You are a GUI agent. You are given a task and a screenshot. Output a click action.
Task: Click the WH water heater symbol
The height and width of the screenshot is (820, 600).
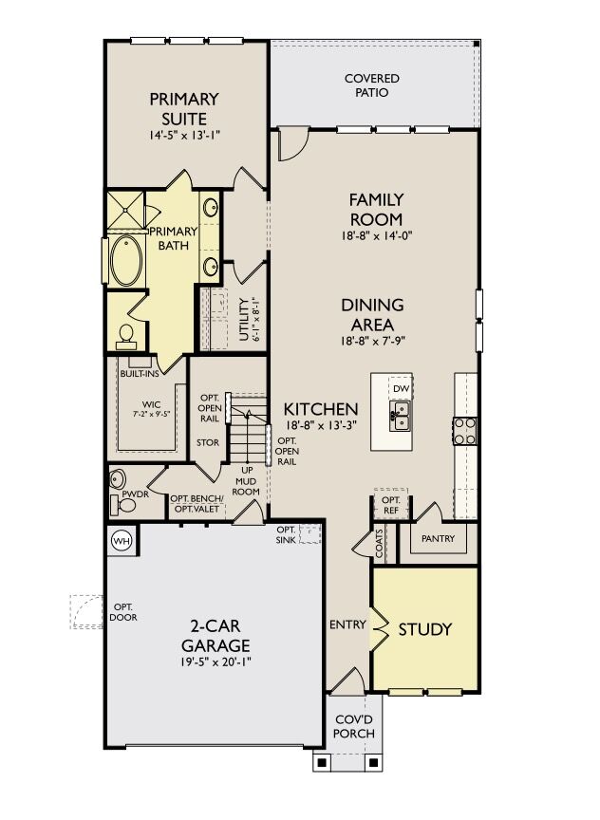pyautogui.click(x=121, y=540)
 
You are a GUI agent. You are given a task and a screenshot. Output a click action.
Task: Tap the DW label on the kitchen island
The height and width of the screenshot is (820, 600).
pyautogui.click(x=401, y=389)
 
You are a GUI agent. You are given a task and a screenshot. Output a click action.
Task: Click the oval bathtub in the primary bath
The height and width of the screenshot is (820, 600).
pyautogui.click(x=125, y=262)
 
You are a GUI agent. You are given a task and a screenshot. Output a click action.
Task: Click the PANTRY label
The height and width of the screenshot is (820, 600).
pyautogui.click(x=438, y=539)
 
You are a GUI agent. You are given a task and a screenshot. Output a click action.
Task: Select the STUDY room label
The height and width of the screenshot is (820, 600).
pyautogui.click(x=424, y=629)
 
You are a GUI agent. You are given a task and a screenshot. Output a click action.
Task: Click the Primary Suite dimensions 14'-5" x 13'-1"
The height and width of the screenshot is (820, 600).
pyautogui.click(x=183, y=136)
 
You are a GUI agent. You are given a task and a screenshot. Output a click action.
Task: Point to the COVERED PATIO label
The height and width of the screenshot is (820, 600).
pyautogui.click(x=371, y=85)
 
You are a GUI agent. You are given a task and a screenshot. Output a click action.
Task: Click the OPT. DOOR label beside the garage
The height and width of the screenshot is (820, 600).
pyautogui.click(x=123, y=612)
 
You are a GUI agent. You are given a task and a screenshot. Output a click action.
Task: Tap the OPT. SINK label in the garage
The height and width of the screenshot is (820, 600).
pyautogui.click(x=287, y=534)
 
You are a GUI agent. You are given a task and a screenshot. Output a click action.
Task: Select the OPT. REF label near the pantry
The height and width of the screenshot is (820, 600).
pyautogui.click(x=390, y=505)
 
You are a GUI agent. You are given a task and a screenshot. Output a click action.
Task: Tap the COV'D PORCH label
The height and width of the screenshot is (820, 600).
pyautogui.click(x=355, y=727)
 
